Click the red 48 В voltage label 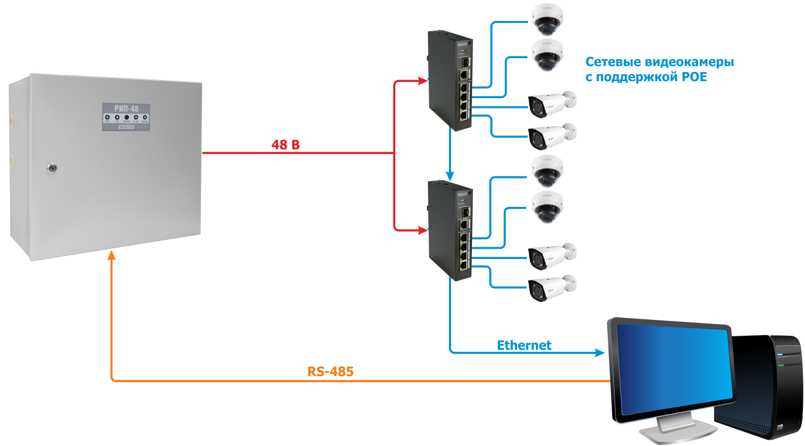point(286,145)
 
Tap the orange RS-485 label point(330,371)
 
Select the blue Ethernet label point(524,345)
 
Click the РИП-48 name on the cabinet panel point(126,109)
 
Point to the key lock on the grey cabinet point(52,168)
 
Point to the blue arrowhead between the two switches point(450,175)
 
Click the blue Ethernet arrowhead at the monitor point(600,353)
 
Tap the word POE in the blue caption point(694,77)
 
